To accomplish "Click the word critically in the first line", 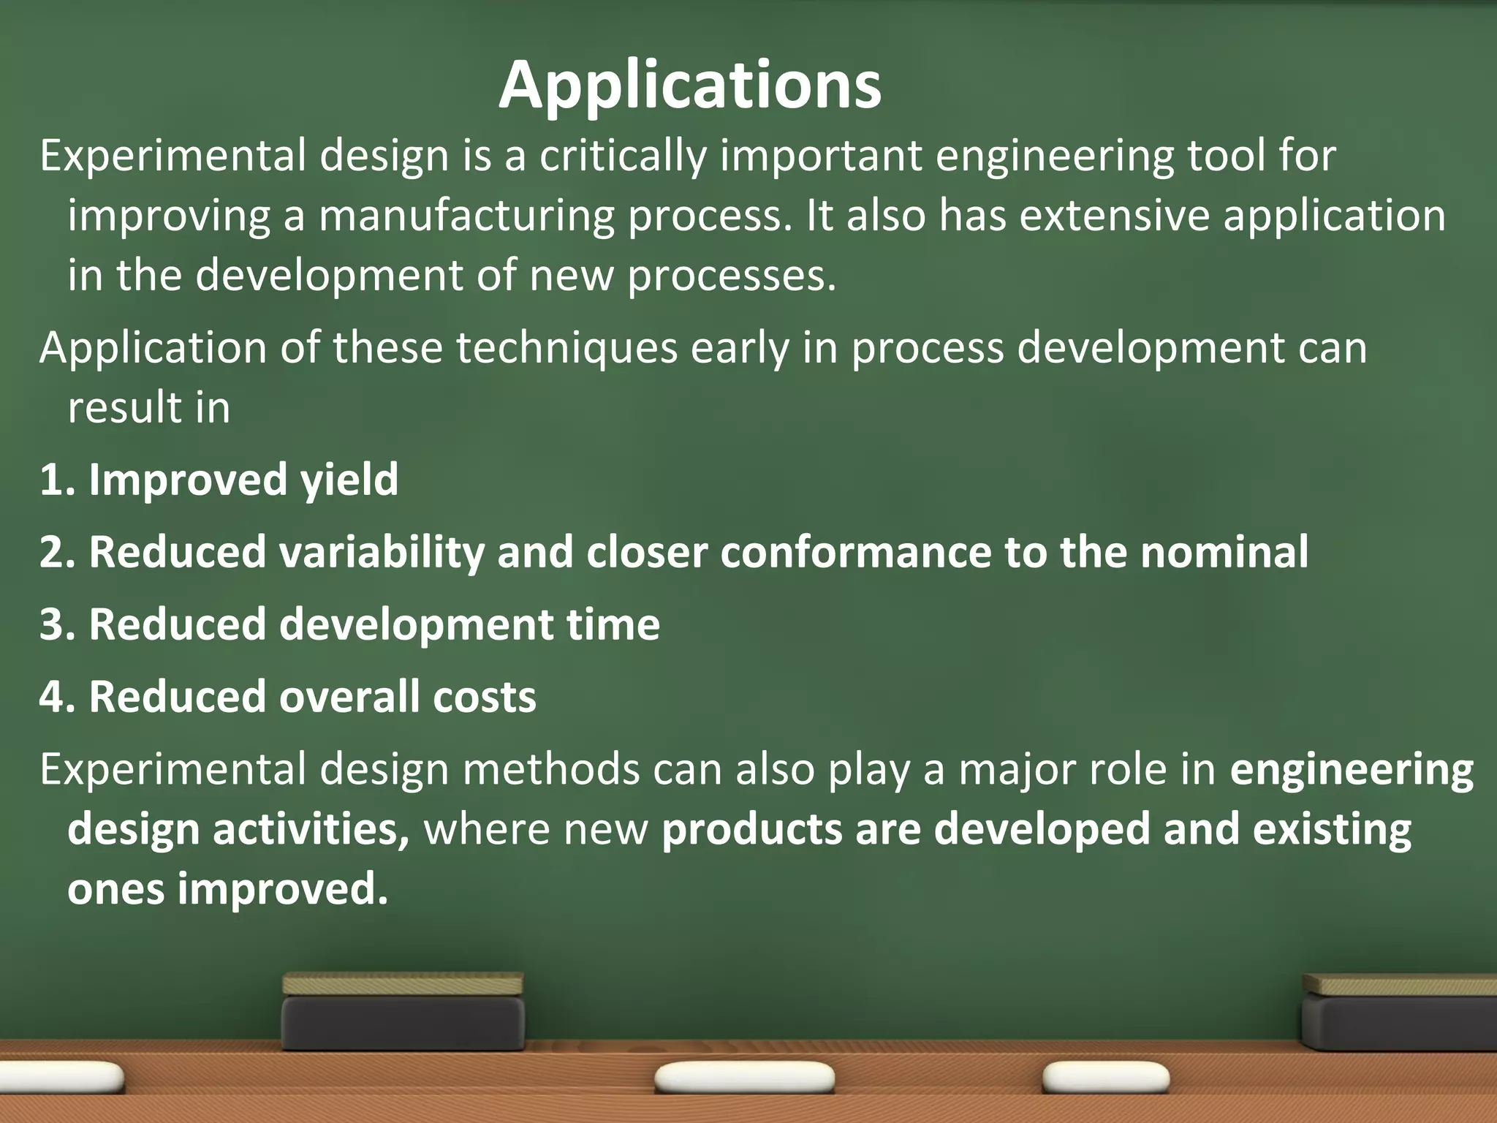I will click(623, 156).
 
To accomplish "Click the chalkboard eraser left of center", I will click(403, 1013).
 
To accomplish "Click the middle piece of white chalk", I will click(744, 1078).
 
